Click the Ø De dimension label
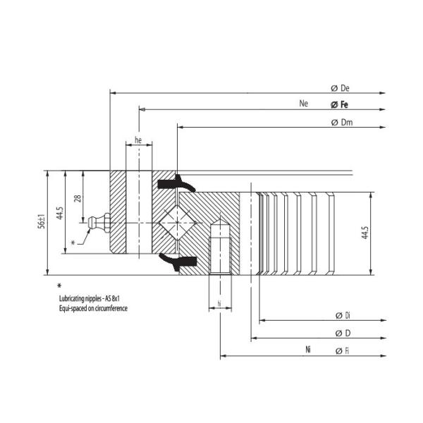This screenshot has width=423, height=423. tap(341, 88)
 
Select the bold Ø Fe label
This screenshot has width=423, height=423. tap(341, 105)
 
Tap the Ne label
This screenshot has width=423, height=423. tap(304, 104)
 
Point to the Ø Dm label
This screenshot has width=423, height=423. tap(341, 123)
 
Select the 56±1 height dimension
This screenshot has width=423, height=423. tap(42, 221)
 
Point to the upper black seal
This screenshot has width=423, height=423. tap(176, 184)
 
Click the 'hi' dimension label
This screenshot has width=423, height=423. tap(219, 303)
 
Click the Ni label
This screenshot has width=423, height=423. tap(308, 350)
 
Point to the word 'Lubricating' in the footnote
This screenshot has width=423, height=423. tap(74, 300)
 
